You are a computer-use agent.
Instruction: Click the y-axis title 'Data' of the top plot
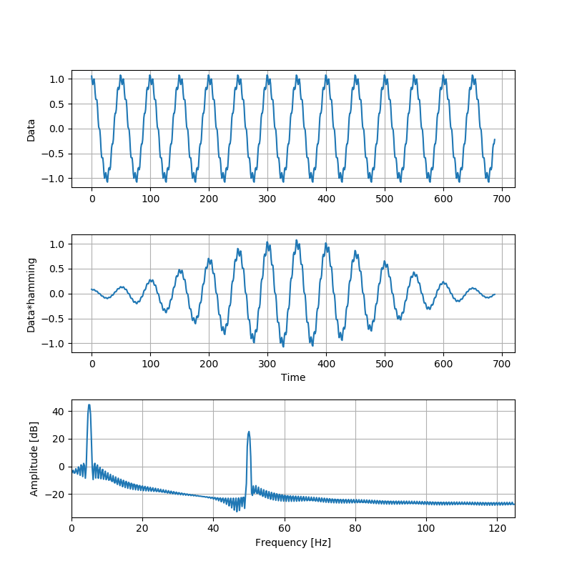click(31, 129)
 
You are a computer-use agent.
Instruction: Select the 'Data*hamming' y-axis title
click(31, 294)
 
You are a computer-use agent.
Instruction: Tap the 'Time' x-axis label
click(293, 377)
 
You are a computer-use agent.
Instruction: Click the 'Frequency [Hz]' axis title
click(293, 542)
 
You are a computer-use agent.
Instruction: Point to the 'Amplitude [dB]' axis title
click(34, 458)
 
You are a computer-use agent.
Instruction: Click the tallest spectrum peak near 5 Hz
click(89, 404)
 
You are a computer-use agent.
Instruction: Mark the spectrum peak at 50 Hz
click(249, 432)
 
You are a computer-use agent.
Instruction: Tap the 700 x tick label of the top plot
click(502, 197)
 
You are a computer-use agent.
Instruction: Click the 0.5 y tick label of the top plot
click(56, 104)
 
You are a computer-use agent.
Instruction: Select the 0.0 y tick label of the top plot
click(56, 129)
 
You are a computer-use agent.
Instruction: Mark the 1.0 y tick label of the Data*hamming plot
click(56, 244)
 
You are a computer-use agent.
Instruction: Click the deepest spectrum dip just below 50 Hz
click(237, 511)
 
